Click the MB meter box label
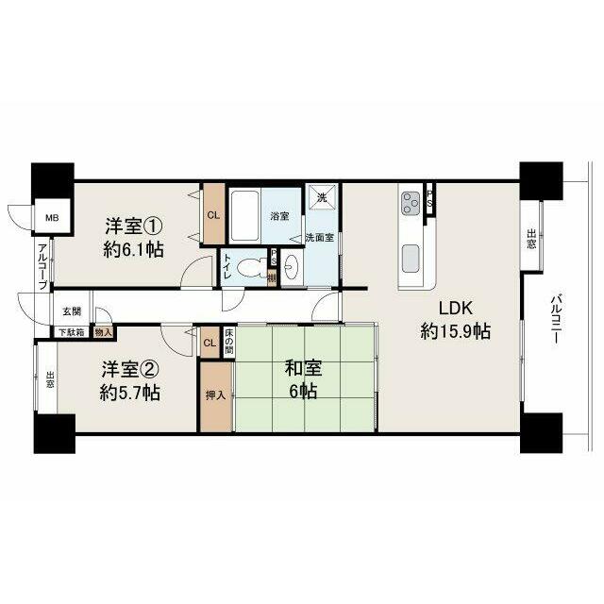point(52,218)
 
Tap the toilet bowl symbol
point(249,267)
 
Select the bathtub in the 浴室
point(245,216)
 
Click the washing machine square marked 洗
point(321,196)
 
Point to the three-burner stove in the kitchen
point(411,203)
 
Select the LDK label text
point(455,308)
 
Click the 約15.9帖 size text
point(455,331)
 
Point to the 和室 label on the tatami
point(303,368)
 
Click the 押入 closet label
point(215,394)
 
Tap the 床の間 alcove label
point(228,343)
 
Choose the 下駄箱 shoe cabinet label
point(72,332)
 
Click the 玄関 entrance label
point(72,311)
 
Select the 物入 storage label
point(103,332)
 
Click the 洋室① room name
point(134,226)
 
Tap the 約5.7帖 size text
point(130,393)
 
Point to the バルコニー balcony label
point(555,319)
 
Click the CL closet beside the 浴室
point(213,215)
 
